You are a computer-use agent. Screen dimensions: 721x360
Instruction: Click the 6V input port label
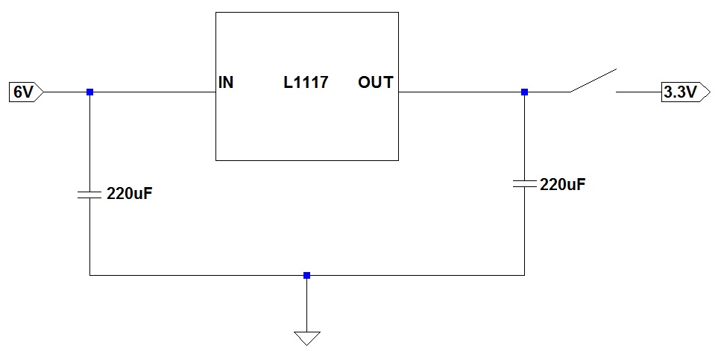pos(26,92)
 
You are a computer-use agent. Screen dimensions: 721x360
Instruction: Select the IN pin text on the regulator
pos(226,82)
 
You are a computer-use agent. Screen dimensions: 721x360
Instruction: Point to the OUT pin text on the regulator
pos(376,82)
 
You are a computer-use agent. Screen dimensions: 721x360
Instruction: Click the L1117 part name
pos(305,82)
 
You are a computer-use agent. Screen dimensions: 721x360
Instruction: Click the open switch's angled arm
pos(594,80)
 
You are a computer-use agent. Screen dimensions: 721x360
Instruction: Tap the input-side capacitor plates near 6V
pos(89,195)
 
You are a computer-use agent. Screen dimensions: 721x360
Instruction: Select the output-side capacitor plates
pos(524,184)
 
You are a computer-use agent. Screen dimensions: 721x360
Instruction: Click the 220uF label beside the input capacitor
pos(129,194)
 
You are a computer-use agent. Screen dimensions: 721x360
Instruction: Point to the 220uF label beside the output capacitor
pos(563,185)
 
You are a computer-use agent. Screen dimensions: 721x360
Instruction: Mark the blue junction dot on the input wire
pos(89,92)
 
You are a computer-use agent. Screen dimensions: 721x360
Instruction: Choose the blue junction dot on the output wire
pos(524,92)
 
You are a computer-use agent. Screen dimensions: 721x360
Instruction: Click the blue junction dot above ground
pos(306,275)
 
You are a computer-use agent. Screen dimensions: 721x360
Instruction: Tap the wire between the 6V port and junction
pos(66,92)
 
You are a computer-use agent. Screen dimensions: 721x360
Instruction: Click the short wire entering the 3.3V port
pos(639,92)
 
